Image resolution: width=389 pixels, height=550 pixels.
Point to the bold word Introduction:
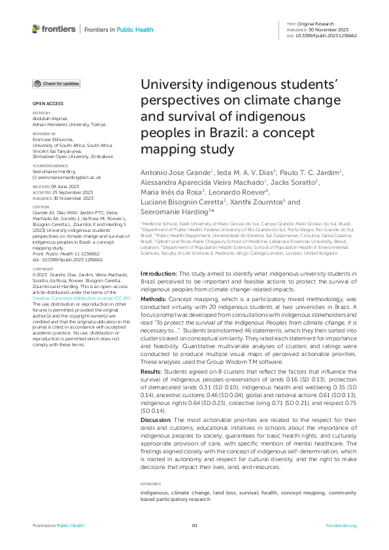tap(160, 272)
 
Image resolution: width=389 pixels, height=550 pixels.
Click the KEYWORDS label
tap(152, 484)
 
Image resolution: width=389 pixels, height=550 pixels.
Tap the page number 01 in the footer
tap(194, 526)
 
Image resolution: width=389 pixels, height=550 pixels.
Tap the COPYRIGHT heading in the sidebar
tap(43, 268)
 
